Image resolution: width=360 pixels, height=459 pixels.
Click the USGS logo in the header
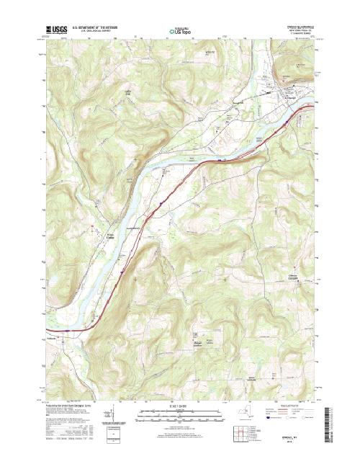pyautogui.click(x=55, y=30)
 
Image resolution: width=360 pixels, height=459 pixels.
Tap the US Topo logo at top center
pyautogui.click(x=179, y=31)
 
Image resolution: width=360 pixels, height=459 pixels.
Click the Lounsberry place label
pyautogui.click(x=137, y=229)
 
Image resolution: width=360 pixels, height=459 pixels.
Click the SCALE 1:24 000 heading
pyautogui.click(x=180, y=408)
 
